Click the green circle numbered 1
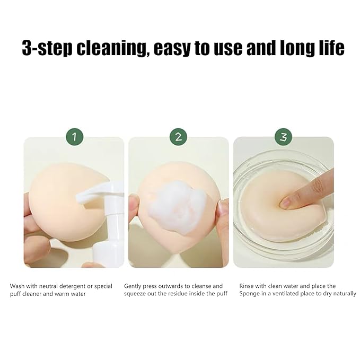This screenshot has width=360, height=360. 74,137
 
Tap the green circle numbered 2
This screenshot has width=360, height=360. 178,137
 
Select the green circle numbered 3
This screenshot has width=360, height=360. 284,137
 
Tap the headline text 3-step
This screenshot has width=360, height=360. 47,48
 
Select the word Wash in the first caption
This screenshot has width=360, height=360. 18,286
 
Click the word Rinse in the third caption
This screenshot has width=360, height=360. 248,286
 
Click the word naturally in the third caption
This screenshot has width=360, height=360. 343,294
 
